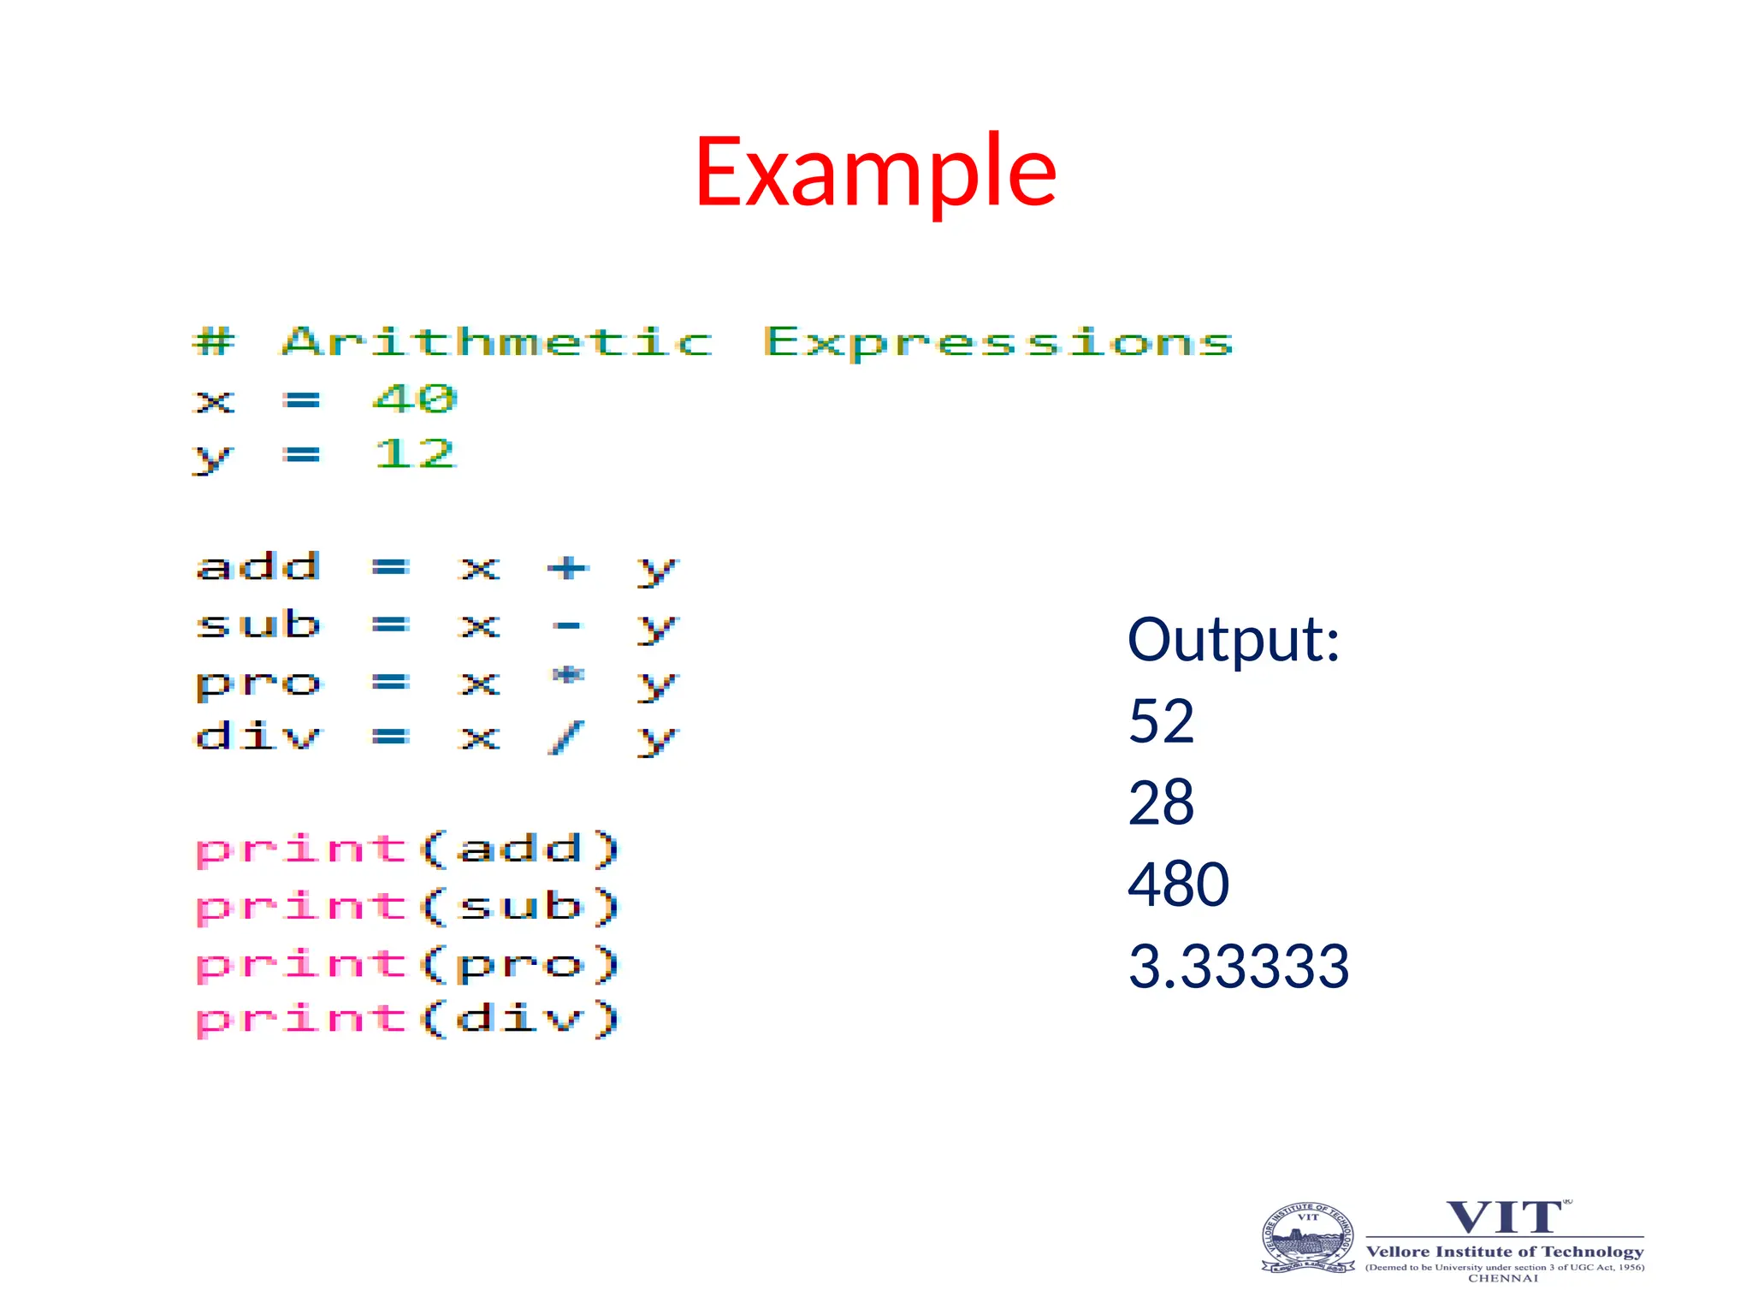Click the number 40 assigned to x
[x=415, y=399]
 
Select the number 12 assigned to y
[x=415, y=453]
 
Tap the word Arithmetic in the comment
[x=497, y=342]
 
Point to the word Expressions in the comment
[x=997, y=343]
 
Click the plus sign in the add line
[x=568, y=568]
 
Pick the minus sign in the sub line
[x=568, y=626]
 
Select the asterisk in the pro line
[x=568, y=677]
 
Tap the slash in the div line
[x=566, y=737]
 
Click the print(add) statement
[x=407, y=849]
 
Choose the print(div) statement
[x=407, y=1019]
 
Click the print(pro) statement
[x=407, y=964]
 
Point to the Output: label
[x=1233, y=640]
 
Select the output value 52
[x=1161, y=721]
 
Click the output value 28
[x=1161, y=802]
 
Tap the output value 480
[x=1178, y=885]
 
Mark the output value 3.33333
[x=1238, y=966]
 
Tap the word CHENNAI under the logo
[x=1503, y=1278]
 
